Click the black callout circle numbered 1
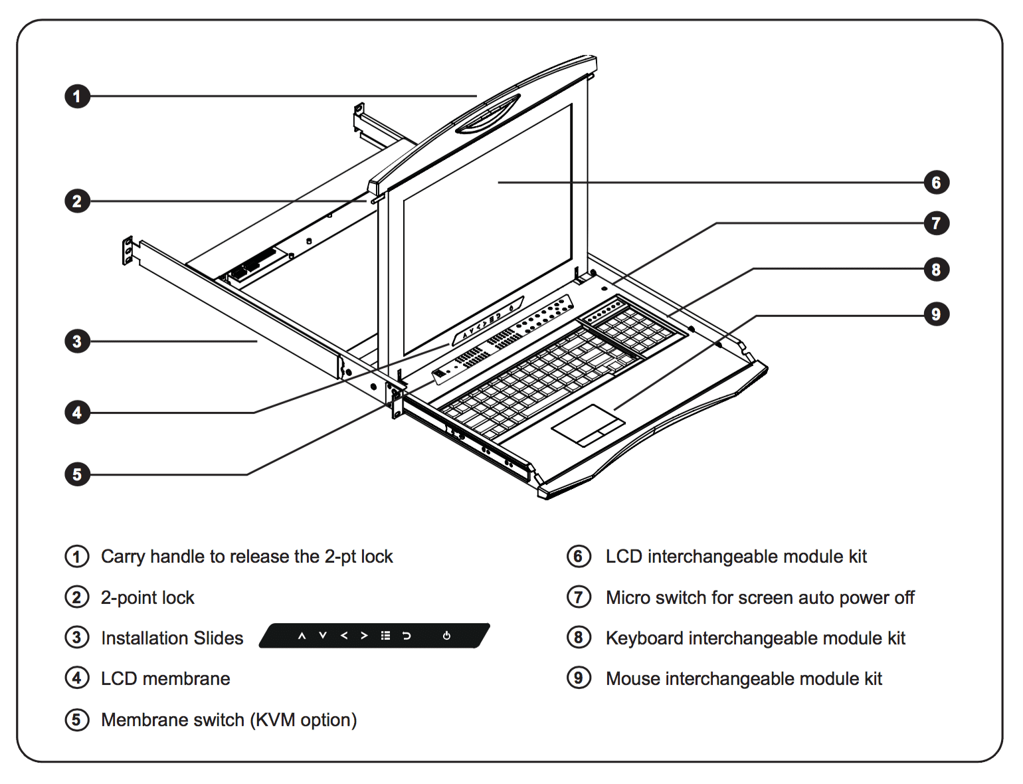[x=77, y=96]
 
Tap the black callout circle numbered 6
[x=936, y=183]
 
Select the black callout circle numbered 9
[x=936, y=314]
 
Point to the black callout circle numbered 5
[x=77, y=474]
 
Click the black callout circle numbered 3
[x=77, y=342]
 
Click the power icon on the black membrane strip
[x=446, y=636]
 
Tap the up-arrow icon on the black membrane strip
[x=302, y=636]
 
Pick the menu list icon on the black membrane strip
[x=385, y=636]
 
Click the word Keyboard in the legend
[x=644, y=638]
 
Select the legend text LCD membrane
[x=165, y=679]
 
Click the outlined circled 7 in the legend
[x=579, y=597]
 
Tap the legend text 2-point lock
[x=147, y=598]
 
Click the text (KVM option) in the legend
[x=304, y=720]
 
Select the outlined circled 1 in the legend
[x=77, y=556]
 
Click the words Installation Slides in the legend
[x=172, y=638]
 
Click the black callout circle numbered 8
[x=936, y=269]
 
